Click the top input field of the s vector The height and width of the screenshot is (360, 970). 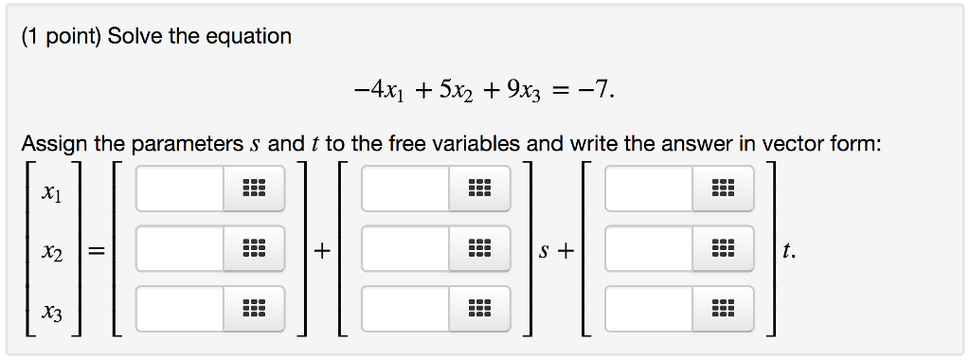click(404, 189)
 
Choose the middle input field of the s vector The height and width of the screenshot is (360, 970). click(404, 250)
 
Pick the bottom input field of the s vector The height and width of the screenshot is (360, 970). click(404, 309)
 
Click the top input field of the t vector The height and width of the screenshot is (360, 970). click(649, 189)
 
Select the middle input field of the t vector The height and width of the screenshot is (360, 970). click(649, 250)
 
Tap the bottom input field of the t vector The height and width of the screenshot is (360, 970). click(649, 309)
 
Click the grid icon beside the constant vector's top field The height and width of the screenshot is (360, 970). click(253, 189)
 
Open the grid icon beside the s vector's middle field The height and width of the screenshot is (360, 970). click(478, 250)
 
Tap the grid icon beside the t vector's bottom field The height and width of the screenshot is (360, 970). click(723, 309)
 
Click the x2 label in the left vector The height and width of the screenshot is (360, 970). click(52, 253)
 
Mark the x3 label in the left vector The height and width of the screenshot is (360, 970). click(52, 313)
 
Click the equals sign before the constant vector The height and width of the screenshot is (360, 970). click(96, 251)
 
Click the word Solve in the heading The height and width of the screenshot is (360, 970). click(136, 37)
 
